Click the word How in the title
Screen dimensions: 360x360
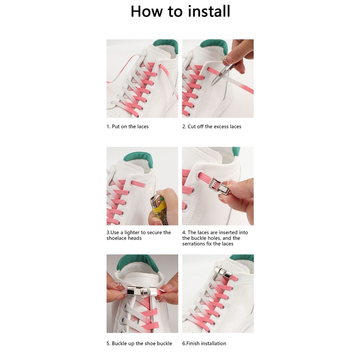(146, 11)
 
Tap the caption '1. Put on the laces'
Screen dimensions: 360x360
(128, 127)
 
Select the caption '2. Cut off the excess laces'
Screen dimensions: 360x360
(212, 127)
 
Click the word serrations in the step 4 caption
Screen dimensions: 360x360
(194, 244)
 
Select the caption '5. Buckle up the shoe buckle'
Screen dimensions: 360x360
(139, 344)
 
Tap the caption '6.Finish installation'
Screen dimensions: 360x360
(204, 344)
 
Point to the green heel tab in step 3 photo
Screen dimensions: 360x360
(139, 159)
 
